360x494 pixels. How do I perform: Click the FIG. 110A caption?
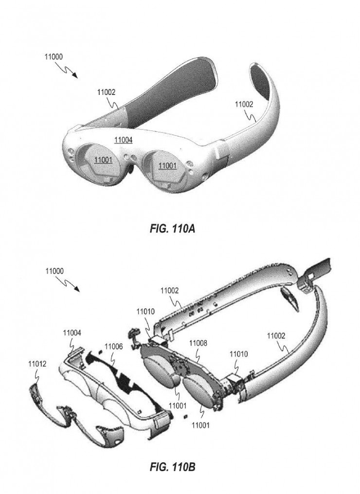pos(172,228)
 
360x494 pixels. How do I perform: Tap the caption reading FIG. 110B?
pos(172,467)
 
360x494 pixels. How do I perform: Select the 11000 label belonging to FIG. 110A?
pos(54,57)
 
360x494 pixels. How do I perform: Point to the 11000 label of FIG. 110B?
pos(54,271)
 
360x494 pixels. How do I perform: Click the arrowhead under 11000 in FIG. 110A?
pos(74,74)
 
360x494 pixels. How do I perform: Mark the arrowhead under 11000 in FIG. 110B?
pos(76,289)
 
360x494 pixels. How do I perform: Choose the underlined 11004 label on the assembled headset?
pos(123,140)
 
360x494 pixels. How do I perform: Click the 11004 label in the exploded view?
pos(72,333)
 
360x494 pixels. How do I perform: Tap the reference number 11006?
pos(113,347)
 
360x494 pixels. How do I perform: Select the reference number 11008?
pos(198,343)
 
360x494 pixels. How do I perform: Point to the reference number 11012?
pos(37,364)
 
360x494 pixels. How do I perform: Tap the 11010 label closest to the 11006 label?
pos(145,312)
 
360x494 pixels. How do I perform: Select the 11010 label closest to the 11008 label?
pos(239,354)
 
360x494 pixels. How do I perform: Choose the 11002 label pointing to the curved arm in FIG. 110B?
pos(276,336)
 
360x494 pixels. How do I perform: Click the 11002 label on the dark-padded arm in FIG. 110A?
pos(106,92)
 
